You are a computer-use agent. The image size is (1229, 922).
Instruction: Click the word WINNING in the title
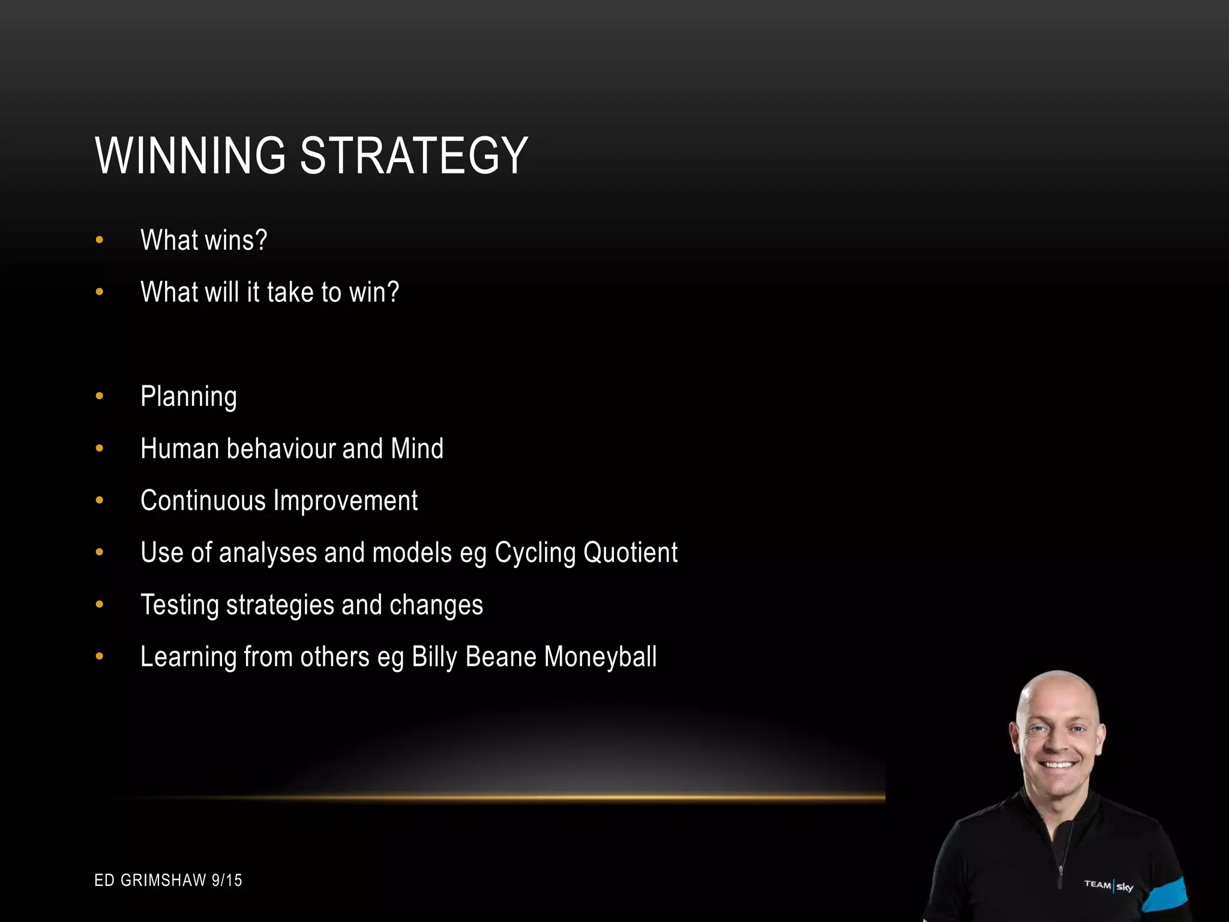click(x=190, y=156)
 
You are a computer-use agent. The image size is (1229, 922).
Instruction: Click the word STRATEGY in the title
click(x=413, y=156)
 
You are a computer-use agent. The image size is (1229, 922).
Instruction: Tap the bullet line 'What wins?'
click(x=203, y=240)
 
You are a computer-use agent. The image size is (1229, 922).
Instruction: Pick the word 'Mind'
click(x=417, y=449)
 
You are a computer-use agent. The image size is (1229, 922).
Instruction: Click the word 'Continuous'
click(x=203, y=501)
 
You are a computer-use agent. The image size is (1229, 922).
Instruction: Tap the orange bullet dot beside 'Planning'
click(x=100, y=396)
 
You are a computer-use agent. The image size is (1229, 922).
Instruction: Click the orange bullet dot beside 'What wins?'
click(x=100, y=240)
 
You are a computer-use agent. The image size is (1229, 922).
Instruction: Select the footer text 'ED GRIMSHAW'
click(x=150, y=881)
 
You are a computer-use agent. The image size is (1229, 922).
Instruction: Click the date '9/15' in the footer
click(x=227, y=881)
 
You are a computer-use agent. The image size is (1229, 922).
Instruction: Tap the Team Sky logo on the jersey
click(x=1108, y=885)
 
